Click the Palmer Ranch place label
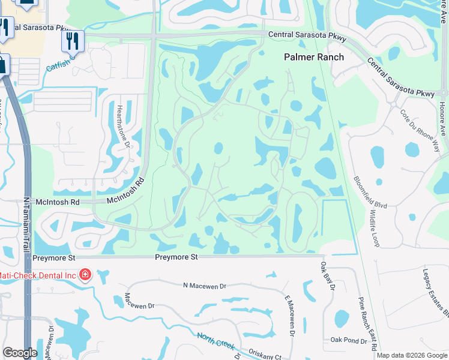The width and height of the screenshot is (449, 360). (314, 57)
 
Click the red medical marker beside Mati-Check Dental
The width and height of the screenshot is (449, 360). (85, 275)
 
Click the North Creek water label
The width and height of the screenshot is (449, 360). (216, 341)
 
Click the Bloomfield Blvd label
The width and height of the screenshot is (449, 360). (370, 191)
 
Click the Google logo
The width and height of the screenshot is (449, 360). (20, 353)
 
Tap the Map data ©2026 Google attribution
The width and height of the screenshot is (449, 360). (411, 355)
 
